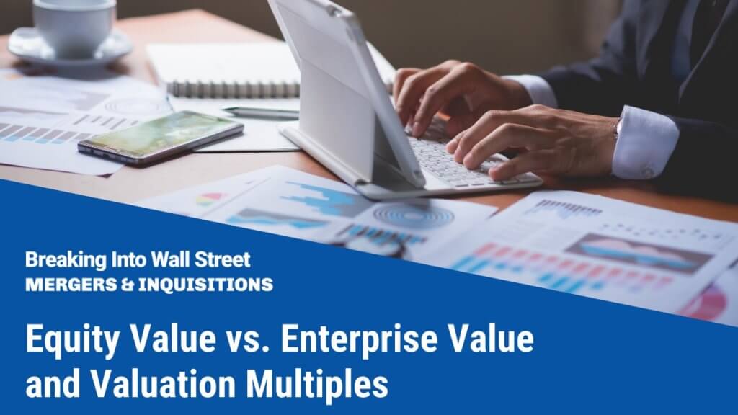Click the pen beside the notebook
point(259,112)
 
